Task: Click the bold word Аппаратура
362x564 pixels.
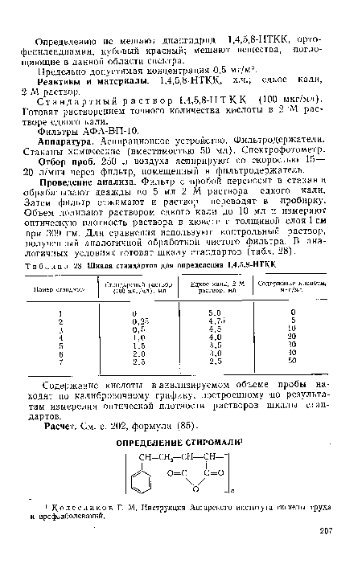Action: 70,139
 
